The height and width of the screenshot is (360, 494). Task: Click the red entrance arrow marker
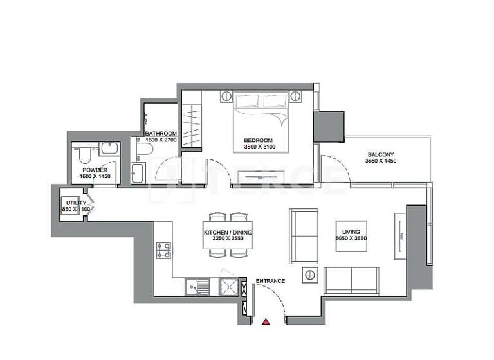point(266,320)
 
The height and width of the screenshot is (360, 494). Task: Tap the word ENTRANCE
point(270,281)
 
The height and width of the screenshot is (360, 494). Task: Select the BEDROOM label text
point(258,140)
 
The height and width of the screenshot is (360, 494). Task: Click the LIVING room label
point(351,231)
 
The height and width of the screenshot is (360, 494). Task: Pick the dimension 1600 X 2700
point(160,139)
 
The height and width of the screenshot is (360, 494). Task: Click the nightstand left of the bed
point(226,96)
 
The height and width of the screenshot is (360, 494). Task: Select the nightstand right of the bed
point(295,96)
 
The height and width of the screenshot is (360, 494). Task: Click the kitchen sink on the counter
point(194,285)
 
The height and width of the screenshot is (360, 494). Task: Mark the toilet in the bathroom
point(144,150)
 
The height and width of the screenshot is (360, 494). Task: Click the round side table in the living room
point(311,275)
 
